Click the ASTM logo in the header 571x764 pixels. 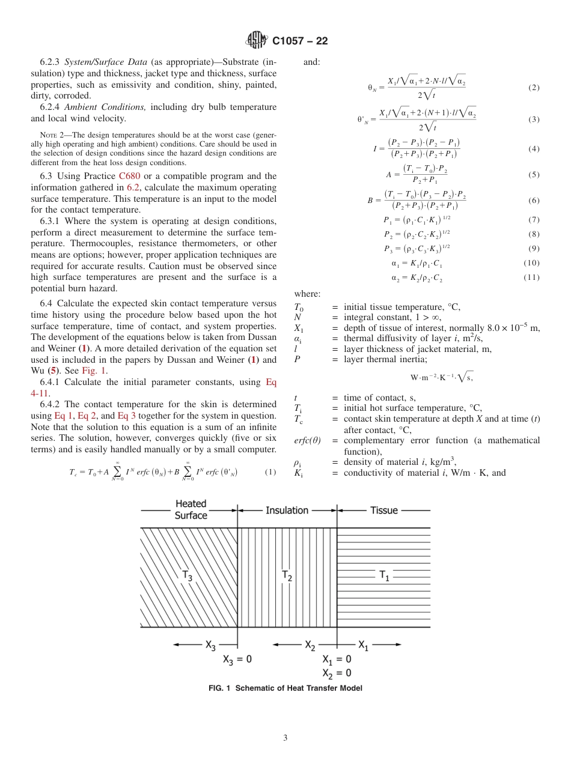[x=257, y=40]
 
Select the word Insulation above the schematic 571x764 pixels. [x=287, y=510]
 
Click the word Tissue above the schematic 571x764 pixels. [x=384, y=510]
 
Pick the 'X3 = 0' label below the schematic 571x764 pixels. [x=237, y=659]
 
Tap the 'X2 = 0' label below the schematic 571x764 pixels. [x=337, y=672]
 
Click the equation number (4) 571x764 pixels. [x=534, y=148]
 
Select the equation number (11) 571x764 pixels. [x=532, y=277]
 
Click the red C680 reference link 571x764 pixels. [x=130, y=176]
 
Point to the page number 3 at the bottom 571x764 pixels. [x=285, y=738]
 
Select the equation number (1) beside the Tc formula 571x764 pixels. [x=270, y=472]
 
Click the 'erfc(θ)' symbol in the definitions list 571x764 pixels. [x=307, y=440]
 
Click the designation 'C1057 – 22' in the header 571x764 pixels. [x=300, y=41]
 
